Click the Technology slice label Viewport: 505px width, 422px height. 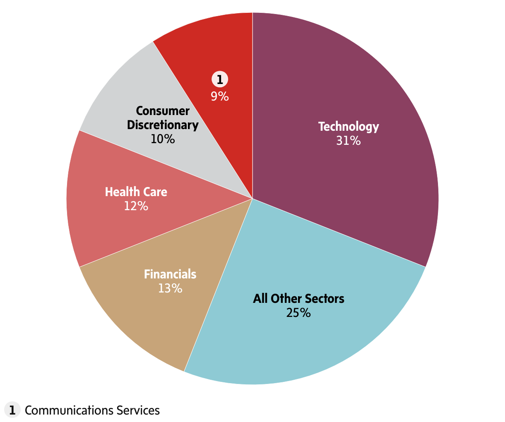click(x=349, y=127)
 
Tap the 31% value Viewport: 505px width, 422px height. click(x=349, y=141)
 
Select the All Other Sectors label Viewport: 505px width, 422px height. click(x=298, y=298)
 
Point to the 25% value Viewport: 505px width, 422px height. click(x=298, y=313)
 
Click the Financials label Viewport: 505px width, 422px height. click(x=170, y=274)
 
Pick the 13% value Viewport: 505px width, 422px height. click(x=170, y=288)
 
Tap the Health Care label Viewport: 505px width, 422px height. click(x=136, y=192)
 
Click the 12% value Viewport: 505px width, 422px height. click(x=136, y=206)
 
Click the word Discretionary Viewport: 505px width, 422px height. click(x=163, y=125)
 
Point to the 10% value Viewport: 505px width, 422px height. click(x=163, y=139)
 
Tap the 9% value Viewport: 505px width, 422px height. click(x=220, y=96)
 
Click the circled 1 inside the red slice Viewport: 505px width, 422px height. click(x=220, y=79)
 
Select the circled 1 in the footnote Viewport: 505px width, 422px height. click(x=12, y=410)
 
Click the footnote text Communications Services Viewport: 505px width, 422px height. click(x=92, y=410)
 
